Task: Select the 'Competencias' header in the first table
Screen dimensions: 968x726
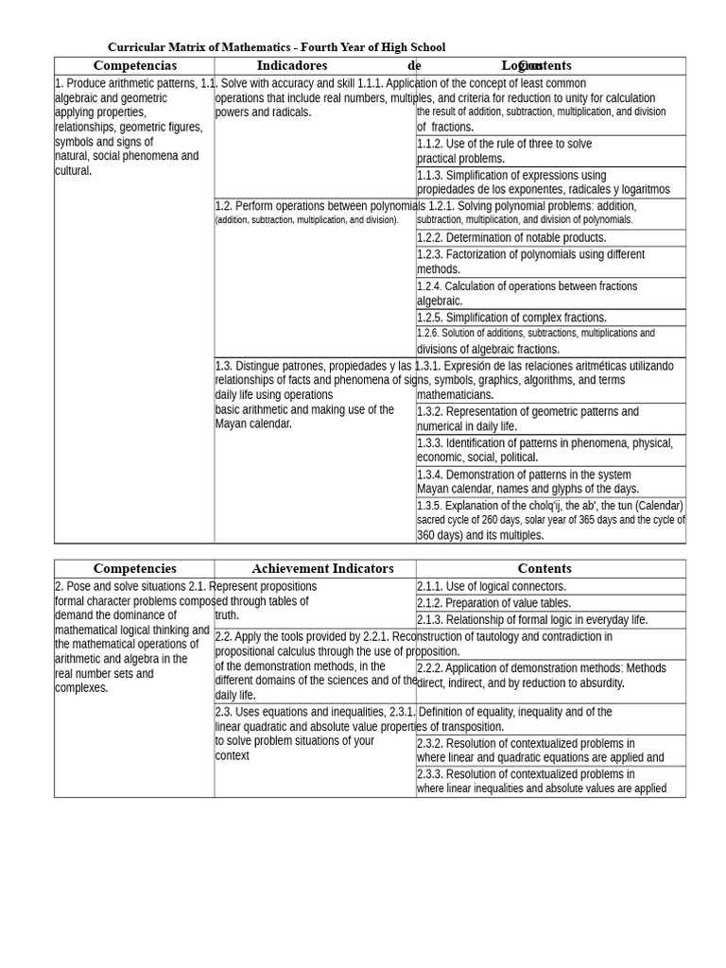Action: [x=134, y=66]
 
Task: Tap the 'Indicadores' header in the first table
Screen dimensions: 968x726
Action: [x=291, y=66]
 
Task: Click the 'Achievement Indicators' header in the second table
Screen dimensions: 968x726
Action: [x=322, y=569]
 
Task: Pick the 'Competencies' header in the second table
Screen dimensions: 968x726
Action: [x=134, y=569]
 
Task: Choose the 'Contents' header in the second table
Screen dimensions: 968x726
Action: [x=544, y=569]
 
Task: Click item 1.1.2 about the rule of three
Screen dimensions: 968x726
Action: [x=505, y=151]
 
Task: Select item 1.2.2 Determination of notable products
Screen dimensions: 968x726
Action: [x=511, y=238]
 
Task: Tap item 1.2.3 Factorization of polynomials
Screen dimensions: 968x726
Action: [x=530, y=262]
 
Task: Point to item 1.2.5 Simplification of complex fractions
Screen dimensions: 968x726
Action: [x=511, y=318]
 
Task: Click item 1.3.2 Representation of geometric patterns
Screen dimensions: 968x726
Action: [x=527, y=419]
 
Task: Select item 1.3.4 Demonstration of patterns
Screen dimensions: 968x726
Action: [x=527, y=482]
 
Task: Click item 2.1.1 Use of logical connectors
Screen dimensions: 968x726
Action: [x=492, y=587]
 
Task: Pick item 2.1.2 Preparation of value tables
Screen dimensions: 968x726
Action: [x=493, y=603]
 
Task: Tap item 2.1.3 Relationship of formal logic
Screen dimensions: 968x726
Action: [x=532, y=620]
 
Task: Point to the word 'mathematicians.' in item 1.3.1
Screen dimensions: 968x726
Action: [x=455, y=395]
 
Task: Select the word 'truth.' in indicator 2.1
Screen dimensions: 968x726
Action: [x=228, y=615]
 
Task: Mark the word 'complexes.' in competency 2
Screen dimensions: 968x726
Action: [x=81, y=688]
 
